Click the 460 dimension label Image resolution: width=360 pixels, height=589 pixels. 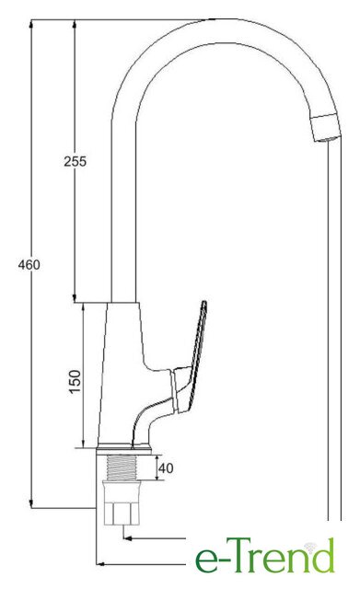click(29, 264)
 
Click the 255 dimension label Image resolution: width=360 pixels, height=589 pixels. click(75, 161)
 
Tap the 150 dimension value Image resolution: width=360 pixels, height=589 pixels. click(75, 382)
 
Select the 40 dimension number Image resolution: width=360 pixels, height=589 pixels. click(166, 468)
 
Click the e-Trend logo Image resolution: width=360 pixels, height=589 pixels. click(264, 555)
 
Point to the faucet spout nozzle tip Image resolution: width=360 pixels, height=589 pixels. click(326, 128)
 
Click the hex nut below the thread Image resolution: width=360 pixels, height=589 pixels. click(122, 502)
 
